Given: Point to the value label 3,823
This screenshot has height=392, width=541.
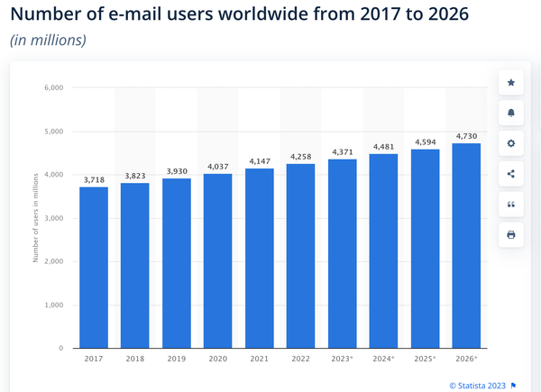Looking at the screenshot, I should point(134,176).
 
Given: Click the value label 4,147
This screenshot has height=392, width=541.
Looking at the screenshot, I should point(259,161).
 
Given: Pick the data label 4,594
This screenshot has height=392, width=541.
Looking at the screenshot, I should point(425,142).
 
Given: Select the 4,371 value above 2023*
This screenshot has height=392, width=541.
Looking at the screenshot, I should point(342,152).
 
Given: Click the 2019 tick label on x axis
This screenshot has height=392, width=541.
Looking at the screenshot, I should point(176,359).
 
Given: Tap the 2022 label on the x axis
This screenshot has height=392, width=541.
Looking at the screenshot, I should point(300,359).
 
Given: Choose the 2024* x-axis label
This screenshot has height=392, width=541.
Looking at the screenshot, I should point(383,359).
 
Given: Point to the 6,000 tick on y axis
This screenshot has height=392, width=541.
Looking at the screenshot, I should point(53,88).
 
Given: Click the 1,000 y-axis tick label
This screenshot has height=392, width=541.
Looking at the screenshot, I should point(53,305).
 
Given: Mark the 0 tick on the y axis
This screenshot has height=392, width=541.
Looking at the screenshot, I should point(60,348).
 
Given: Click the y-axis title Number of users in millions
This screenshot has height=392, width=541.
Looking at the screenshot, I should point(35,218).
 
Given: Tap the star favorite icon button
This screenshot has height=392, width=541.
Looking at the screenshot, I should point(511,83).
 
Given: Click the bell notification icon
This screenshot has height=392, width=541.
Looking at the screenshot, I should point(511,114).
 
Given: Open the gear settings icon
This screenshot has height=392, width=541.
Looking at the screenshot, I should point(511,144).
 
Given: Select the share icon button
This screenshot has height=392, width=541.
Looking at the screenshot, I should point(511,174).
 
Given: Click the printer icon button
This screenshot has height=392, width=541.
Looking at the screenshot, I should point(511,235).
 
